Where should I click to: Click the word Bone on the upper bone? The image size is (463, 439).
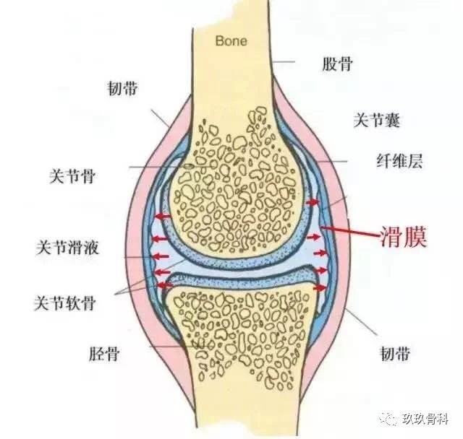coord(231,41)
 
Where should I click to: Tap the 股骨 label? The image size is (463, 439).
coord(337,64)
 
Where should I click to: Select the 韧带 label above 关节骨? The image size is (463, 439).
coord(122,88)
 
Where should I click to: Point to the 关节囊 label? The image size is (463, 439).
coord(377,120)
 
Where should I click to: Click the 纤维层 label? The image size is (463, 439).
coord(399,161)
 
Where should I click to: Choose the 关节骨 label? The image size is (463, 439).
coord(72,176)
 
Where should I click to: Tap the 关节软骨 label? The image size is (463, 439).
coord(64,303)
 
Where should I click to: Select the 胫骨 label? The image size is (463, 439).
coord(104,354)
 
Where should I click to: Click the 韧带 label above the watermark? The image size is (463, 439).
coord(395,354)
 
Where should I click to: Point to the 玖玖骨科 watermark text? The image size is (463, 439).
coord(425,419)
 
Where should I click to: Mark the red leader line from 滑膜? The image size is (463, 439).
coord(351,231)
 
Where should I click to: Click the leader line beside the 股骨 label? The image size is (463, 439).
coord(284,62)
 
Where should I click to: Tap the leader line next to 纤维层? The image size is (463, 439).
coord(332,162)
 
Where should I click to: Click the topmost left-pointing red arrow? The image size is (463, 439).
coord(163,217)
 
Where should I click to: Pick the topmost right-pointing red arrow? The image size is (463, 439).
coord(313,202)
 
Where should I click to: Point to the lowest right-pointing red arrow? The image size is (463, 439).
coord(320,287)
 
